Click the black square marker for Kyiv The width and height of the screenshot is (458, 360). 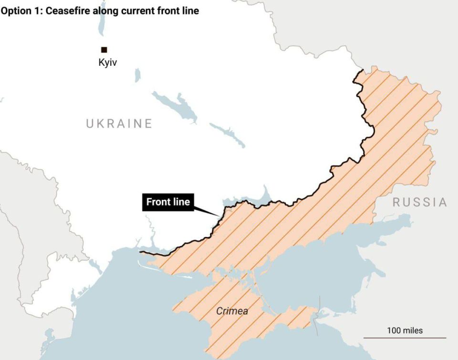point(104,50)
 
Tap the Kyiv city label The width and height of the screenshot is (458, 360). point(107,62)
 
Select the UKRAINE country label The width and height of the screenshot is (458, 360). point(119,124)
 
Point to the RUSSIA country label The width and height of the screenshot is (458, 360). point(420,202)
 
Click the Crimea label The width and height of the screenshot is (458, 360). point(232,311)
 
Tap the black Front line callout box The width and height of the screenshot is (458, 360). point(168,202)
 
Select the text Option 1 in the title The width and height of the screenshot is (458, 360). point(21,10)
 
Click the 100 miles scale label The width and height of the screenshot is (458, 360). point(405,330)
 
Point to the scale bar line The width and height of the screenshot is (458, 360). point(405,338)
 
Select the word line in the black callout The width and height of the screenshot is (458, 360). point(181,202)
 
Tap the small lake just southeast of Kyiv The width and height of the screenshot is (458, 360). point(137,75)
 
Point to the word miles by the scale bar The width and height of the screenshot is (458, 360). point(412,330)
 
